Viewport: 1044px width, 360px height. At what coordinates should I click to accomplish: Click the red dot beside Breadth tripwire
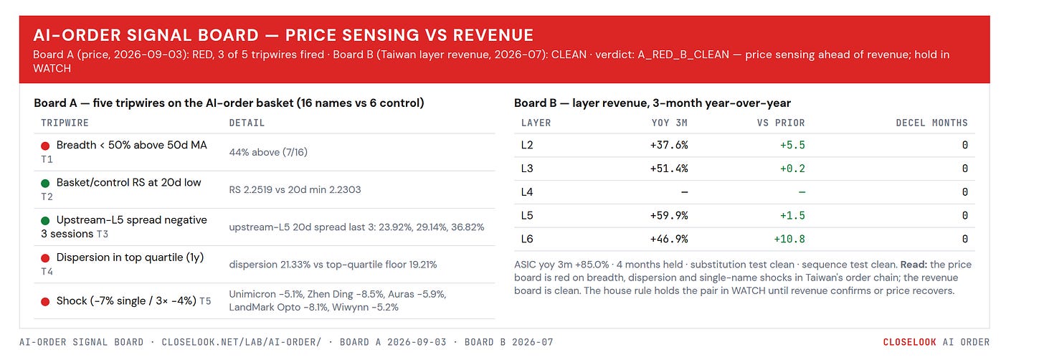[45, 146]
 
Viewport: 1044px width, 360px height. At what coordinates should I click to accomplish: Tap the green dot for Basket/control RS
[45, 184]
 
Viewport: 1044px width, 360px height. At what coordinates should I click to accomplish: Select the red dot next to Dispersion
[45, 258]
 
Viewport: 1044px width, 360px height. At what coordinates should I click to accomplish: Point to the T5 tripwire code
[205, 301]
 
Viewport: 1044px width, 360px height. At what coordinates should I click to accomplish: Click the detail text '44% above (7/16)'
[268, 152]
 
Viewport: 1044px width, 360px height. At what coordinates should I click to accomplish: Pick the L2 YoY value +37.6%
[669, 145]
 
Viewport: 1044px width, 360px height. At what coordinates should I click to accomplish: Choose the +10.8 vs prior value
[789, 240]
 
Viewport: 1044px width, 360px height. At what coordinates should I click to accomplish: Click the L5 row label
[526, 215]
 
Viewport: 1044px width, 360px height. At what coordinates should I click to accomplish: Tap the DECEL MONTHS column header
[931, 123]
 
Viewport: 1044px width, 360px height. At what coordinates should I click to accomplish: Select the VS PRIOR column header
[781, 123]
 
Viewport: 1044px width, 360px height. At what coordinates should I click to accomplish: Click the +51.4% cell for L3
[669, 169]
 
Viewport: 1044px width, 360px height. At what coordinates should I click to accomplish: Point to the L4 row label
[526, 192]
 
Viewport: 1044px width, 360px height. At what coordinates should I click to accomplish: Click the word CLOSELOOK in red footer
[909, 342]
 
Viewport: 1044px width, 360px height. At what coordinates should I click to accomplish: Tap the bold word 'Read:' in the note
[913, 265]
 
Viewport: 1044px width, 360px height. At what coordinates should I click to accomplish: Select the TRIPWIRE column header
[65, 123]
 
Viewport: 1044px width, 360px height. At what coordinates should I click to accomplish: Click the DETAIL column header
[247, 123]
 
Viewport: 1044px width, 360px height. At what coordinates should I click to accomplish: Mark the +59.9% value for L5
[669, 215]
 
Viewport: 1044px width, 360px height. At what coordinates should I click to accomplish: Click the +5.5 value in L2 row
[793, 145]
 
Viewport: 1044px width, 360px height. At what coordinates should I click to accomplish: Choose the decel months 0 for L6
[965, 240]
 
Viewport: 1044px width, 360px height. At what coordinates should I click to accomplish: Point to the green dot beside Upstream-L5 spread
[45, 221]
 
